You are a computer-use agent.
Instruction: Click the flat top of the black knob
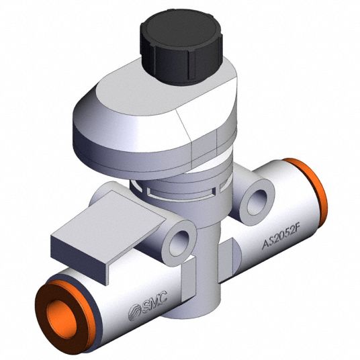tap(181, 28)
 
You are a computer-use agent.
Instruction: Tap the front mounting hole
tap(179, 244)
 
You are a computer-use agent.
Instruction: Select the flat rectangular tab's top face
tap(108, 218)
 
